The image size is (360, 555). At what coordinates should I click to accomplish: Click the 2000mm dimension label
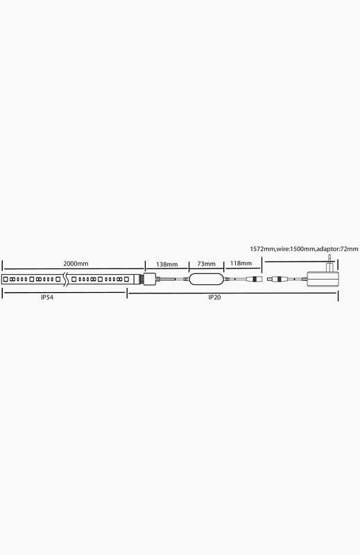click(76, 264)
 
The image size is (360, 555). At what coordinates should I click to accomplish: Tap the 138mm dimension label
click(166, 264)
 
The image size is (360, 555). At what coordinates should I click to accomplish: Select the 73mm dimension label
click(206, 264)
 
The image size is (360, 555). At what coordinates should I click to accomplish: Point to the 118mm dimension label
click(241, 263)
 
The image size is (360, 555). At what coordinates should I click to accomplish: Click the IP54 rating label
click(46, 298)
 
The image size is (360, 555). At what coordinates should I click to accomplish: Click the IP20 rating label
click(214, 298)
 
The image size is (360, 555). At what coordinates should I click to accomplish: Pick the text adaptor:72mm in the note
click(337, 249)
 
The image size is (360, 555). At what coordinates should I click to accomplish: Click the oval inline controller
click(206, 279)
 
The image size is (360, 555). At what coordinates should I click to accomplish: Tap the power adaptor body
click(323, 279)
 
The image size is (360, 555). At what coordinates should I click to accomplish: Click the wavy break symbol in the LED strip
click(65, 280)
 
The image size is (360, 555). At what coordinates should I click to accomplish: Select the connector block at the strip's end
click(148, 280)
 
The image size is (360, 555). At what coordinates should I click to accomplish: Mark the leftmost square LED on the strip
click(6, 280)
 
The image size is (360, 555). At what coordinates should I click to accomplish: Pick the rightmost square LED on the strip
click(126, 280)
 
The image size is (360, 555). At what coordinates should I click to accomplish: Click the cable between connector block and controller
click(172, 280)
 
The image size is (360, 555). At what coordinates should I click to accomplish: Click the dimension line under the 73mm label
click(206, 268)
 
